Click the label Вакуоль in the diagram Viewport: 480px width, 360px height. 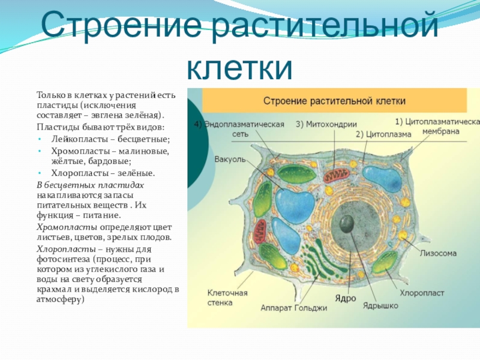(228, 160)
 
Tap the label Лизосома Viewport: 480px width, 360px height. (438, 253)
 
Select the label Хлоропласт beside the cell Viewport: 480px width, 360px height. (422, 293)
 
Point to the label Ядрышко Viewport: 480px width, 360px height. (380, 305)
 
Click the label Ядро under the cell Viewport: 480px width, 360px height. (346, 298)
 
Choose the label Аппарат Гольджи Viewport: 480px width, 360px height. (293, 308)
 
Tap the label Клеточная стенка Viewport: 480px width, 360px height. (227, 298)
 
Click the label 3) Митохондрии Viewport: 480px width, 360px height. (326, 125)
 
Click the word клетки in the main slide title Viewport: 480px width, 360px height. (239, 68)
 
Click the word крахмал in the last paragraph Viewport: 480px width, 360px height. (53, 289)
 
